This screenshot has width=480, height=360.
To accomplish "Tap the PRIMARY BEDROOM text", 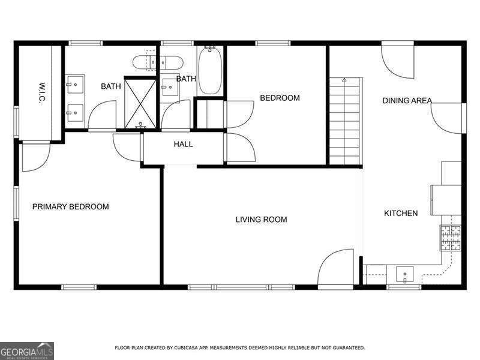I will tap(70, 206).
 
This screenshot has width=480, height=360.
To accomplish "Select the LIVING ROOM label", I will tap(261, 220).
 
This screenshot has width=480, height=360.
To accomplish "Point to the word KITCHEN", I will tap(401, 213).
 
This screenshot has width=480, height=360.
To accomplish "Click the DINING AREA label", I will tap(407, 101).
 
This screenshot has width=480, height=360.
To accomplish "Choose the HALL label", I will tap(183, 144).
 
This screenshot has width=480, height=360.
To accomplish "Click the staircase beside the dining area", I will tap(346, 123).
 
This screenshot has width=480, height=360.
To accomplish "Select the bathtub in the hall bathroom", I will tap(209, 71).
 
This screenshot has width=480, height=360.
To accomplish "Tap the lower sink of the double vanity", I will tap(75, 110).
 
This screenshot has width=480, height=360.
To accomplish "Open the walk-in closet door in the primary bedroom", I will tap(35, 156).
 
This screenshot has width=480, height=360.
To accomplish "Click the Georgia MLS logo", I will tap(27, 350).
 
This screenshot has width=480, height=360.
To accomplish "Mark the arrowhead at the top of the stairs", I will tap(344, 79).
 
